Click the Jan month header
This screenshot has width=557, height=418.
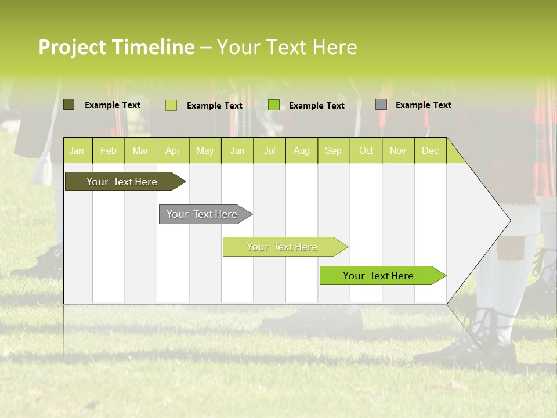pos(77,150)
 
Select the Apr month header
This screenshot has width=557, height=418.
pos(173,150)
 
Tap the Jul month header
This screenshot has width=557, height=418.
pos(269,150)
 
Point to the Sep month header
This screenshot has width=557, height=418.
pos(333,150)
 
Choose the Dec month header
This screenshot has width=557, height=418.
pos(430,150)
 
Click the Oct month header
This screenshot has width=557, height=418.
pos(366,150)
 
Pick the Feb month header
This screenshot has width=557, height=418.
pos(108,150)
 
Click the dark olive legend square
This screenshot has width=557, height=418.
pos(68,105)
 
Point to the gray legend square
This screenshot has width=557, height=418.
pos(381,105)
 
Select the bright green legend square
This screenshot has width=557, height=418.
pos(274,105)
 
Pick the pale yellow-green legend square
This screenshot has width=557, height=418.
pos(171,105)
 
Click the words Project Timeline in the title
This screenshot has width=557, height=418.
pos(116,47)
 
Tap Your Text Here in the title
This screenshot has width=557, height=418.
pos(287,47)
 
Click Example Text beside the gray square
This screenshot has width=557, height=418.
pos(423,105)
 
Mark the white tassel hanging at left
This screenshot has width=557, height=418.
pos(42,168)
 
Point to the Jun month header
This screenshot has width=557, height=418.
pos(237,150)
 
